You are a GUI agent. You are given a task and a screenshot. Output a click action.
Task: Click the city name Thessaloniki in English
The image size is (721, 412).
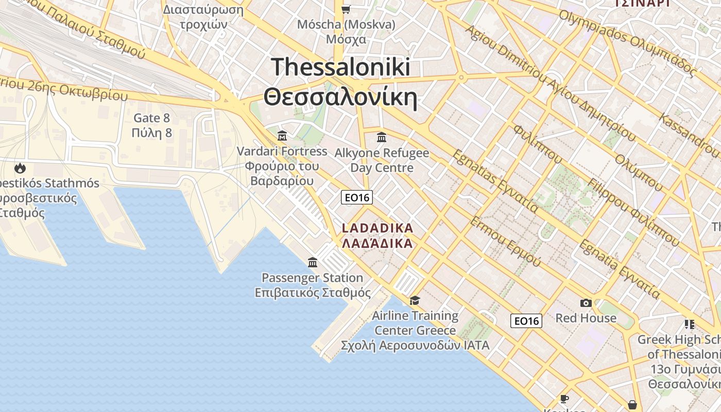tap(340, 67)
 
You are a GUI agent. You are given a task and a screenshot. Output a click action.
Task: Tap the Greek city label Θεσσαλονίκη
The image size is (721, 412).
tap(340, 97)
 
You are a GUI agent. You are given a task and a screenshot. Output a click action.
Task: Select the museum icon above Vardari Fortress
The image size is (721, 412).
tap(282, 136)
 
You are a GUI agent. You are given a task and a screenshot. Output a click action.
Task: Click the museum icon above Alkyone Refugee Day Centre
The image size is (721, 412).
tap(382, 138)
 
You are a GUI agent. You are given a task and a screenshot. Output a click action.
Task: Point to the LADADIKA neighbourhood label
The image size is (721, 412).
tap(377, 228)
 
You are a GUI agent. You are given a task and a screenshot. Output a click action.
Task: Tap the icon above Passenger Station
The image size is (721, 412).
tap(313, 263)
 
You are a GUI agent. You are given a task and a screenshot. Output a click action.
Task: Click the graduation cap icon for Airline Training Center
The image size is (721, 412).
tap(415, 300)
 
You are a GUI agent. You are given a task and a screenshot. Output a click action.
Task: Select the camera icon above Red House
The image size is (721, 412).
tap(586, 303)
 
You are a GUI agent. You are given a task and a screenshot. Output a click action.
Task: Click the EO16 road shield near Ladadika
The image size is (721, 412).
tap(356, 197)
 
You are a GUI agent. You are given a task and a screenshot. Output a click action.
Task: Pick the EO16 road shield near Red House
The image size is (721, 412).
tap(526, 321)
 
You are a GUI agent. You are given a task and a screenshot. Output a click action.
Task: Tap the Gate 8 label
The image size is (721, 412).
tap(151, 118)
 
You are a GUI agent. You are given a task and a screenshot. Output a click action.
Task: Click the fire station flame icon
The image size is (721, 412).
tap(20, 168)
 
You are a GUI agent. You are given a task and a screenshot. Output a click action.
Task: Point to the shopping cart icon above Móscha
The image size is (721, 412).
tap(346, 9)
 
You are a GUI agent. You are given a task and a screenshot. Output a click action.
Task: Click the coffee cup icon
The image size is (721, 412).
tap(564, 399)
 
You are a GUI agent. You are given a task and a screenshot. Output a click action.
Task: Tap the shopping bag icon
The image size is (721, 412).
tap(632, 405)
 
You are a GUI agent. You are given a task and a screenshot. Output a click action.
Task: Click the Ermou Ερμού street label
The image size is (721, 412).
tap(505, 242)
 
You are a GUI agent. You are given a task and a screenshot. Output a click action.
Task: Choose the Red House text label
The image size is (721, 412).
tap(586, 318)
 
